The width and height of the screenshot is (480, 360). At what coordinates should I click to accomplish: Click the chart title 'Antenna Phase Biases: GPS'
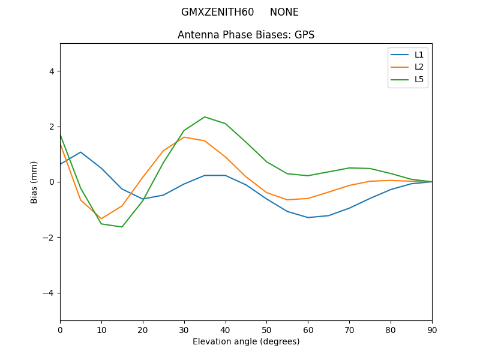pyautogui.click(x=245, y=35)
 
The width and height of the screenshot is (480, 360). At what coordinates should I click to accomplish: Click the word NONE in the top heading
pyautogui.click(x=284, y=12)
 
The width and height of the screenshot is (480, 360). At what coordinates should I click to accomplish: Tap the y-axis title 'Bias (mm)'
pyautogui.click(x=34, y=182)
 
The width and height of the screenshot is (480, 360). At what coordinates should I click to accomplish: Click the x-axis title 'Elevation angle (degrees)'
pyautogui.click(x=245, y=341)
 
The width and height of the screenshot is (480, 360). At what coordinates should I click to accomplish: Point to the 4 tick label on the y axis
pyautogui.click(x=51, y=71)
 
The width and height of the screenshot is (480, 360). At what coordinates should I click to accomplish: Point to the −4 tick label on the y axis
pyautogui.click(x=49, y=293)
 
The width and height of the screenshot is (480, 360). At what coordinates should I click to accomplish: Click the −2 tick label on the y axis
pyautogui.click(x=49, y=238)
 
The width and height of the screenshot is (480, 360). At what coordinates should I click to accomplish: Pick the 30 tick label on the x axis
pyautogui.click(x=184, y=329)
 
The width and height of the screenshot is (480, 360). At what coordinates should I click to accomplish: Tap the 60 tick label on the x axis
pyautogui.click(x=308, y=329)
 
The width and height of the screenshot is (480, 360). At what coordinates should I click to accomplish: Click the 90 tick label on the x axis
pyautogui.click(x=431, y=329)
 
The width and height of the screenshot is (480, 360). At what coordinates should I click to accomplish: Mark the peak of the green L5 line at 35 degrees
pyautogui.click(x=205, y=117)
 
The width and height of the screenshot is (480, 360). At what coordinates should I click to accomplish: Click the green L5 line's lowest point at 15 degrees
pyautogui.click(x=122, y=227)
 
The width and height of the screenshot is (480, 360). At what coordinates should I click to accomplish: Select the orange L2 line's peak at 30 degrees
pyautogui.click(x=184, y=137)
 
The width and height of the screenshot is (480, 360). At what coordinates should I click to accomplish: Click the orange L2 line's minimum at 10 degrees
pyautogui.click(x=101, y=218)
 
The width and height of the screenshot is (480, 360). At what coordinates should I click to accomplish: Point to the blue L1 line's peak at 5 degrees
pyautogui.click(x=80, y=152)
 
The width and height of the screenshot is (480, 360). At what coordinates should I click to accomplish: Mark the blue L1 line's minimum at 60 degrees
pyautogui.click(x=308, y=217)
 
